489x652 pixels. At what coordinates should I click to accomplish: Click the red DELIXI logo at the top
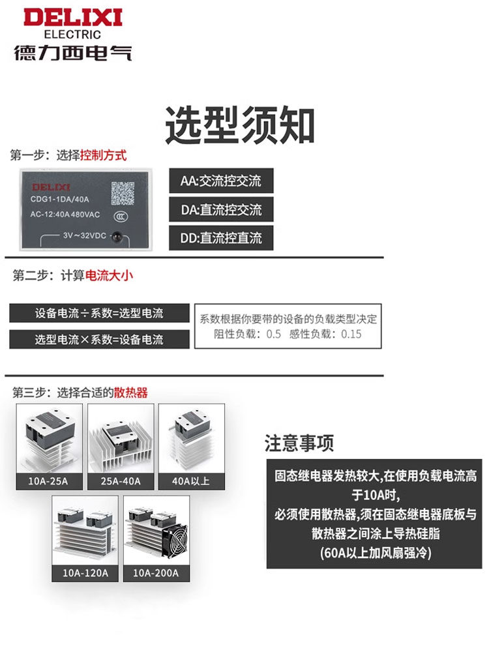(x=73, y=18)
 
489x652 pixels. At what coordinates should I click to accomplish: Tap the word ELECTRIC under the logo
(x=72, y=35)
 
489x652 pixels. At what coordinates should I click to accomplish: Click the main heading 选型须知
(x=240, y=125)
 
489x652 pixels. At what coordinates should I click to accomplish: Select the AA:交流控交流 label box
(x=221, y=181)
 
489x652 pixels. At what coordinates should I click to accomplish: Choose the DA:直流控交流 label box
(x=221, y=209)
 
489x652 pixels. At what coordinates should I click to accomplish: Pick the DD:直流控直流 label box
(x=221, y=238)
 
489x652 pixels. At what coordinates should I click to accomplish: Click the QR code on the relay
(x=123, y=193)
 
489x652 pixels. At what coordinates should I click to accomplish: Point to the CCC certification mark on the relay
(x=121, y=216)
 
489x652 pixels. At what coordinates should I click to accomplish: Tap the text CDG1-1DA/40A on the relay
(x=60, y=200)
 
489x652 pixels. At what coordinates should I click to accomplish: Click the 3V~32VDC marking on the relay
(x=84, y=236)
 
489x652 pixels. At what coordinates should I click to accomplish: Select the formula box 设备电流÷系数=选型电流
(x=99, y=313)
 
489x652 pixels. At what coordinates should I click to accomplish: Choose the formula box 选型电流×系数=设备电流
(x=99, y=339)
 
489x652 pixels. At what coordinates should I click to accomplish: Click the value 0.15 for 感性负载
(x=351, y=334)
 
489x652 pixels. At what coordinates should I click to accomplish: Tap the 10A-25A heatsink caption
(x=48, y=481)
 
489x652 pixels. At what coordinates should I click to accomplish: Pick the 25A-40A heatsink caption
(x=121, y=481)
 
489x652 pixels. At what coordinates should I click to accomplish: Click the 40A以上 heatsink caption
(x=191, y=481)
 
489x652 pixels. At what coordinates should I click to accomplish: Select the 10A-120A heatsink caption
(x=85, y=573)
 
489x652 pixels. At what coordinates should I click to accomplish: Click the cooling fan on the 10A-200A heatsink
(x=176, y=540)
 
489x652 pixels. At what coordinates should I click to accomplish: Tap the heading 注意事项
(x=299, y=443)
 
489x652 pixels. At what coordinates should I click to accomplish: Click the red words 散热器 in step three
(x=131, y=393)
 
